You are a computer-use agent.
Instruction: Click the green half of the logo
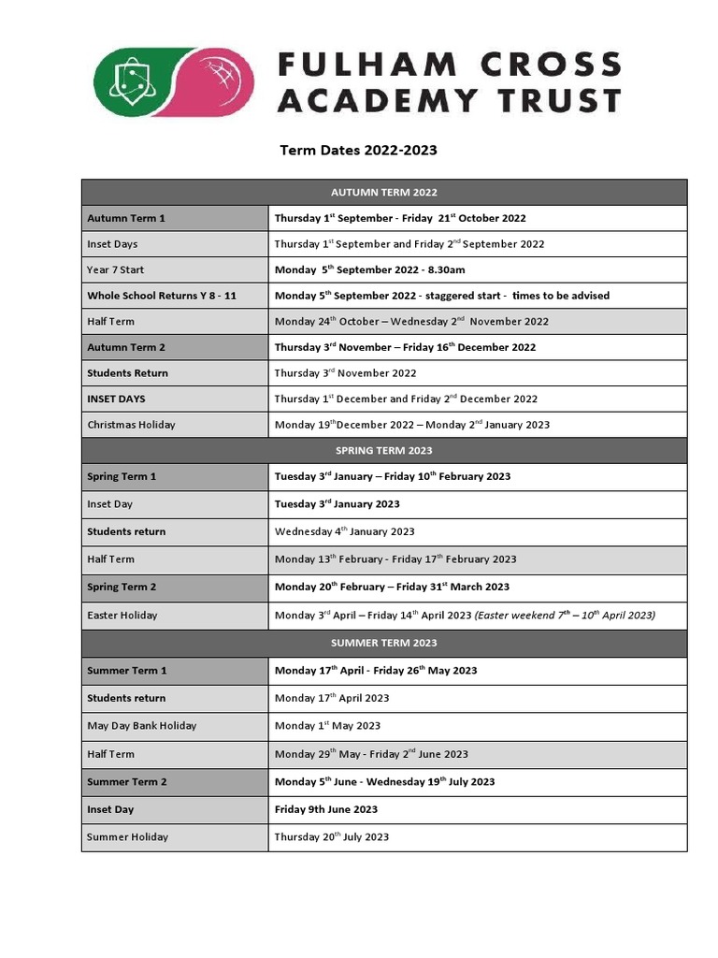point(136,82)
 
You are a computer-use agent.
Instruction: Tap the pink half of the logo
point(217,82)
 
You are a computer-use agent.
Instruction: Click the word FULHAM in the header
point(366,65)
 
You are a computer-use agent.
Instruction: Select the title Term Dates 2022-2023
point(359,151)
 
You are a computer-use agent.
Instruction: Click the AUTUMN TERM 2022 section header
point(384,193)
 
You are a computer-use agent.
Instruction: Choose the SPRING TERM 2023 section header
point(384,451)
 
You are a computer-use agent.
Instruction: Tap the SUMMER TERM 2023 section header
point(384,644)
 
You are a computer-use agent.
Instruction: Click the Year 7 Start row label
point(116,270)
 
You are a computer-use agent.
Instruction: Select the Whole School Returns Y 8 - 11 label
point(162,296)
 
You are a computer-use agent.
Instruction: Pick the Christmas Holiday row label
point(131,425)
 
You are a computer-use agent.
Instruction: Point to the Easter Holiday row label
point(122,616)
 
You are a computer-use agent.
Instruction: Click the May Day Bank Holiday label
point(142,726)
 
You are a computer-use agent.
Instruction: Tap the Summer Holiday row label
point(128,837)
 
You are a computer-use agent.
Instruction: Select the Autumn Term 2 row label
point(126,347)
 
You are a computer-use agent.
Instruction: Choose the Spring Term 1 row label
point(122,477)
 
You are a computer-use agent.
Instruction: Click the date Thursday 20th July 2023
point(332,837)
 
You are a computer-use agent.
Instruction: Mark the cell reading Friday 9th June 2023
point(326,809)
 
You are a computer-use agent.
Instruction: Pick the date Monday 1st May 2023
point(327,726)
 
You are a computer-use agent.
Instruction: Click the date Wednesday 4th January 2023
point(344,531)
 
